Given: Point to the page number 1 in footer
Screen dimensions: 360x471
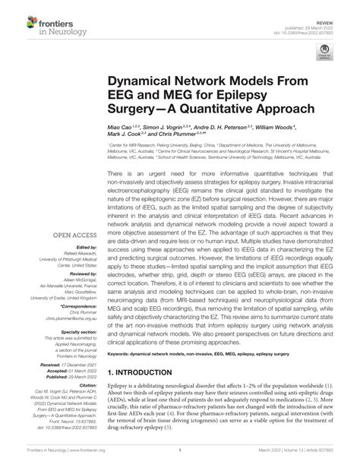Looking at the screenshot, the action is click(x=180, y=460).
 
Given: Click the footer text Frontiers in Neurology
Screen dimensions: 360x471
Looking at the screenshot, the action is click(x=27, y=460).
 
